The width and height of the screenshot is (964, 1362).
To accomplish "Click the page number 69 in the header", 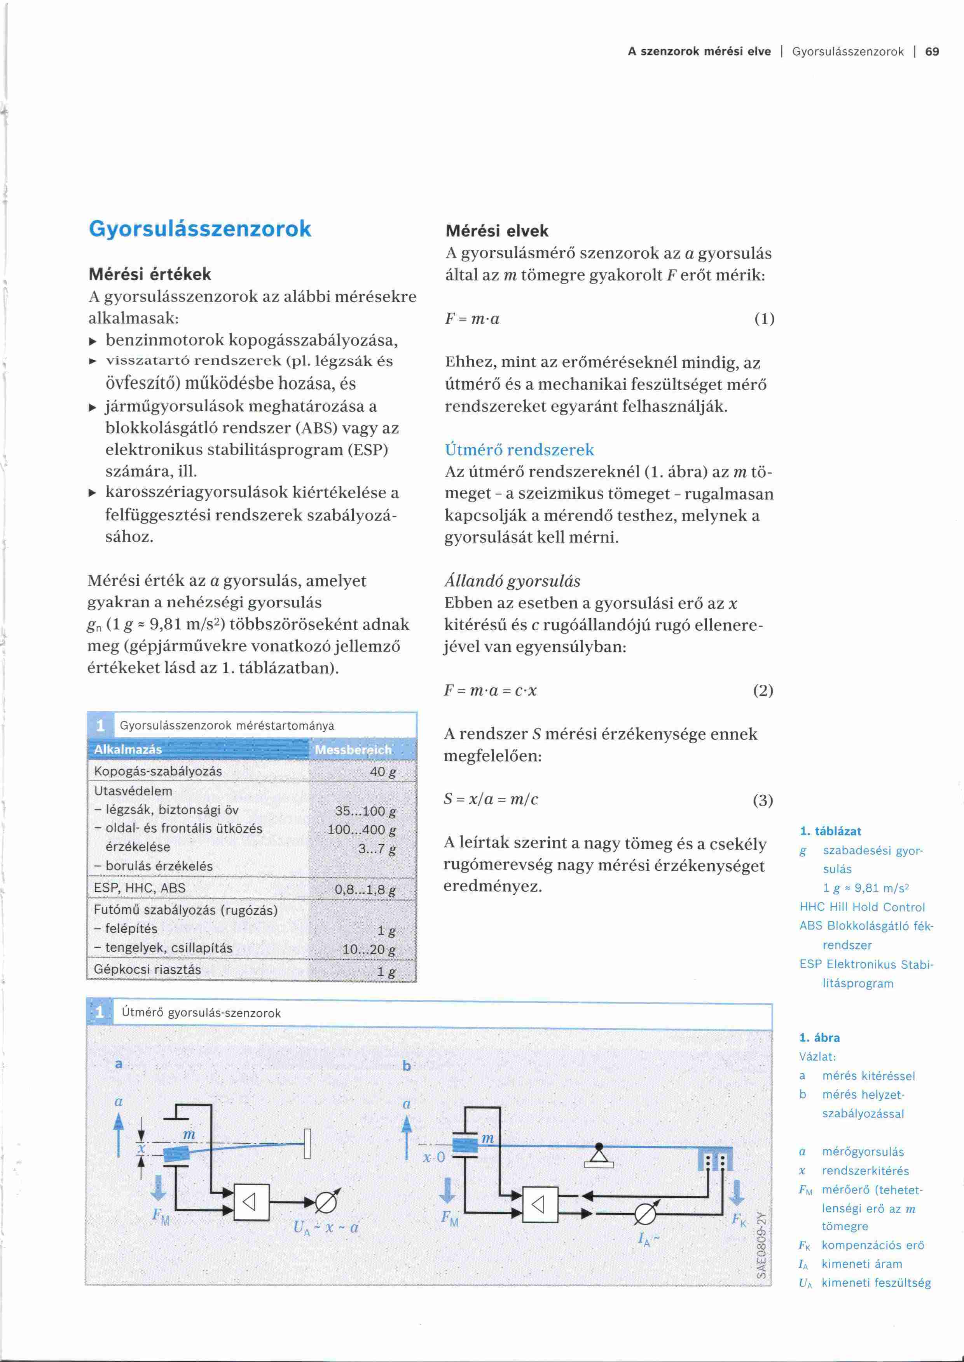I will tap(932, 52).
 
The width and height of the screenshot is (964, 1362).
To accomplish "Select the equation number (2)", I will tap(762, 691).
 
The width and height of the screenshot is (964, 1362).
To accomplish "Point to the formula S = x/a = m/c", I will tap(491, 799).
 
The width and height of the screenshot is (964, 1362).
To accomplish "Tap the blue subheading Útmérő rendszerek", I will tap(519, 450).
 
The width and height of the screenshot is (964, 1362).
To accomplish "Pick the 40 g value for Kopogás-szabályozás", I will tap(383, 772).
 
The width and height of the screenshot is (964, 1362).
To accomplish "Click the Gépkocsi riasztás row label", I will tap(148, 969).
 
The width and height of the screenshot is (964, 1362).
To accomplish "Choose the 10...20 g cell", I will tap(368, 949).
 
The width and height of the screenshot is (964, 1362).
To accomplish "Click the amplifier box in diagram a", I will tap(251, 1202).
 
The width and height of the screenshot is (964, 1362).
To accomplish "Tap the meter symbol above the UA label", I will tap(326, 1202).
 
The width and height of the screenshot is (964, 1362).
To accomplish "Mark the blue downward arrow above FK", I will tap(737, 1192).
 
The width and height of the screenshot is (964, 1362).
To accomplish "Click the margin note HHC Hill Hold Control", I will tap(862, 907).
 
